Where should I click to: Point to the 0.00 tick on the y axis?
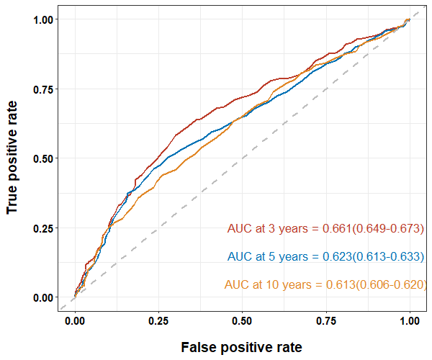click(x=44, y=297)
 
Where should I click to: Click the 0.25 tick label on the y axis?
click(x=44, y=228)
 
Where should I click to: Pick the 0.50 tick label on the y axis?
click(x=44, y=158)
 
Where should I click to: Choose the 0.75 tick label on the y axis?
click(x=44, y=89)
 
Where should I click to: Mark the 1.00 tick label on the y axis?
click(x=44, y=19)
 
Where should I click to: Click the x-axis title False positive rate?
click(x=241, y=347)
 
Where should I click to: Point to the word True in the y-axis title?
click(x=12, y=198)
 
